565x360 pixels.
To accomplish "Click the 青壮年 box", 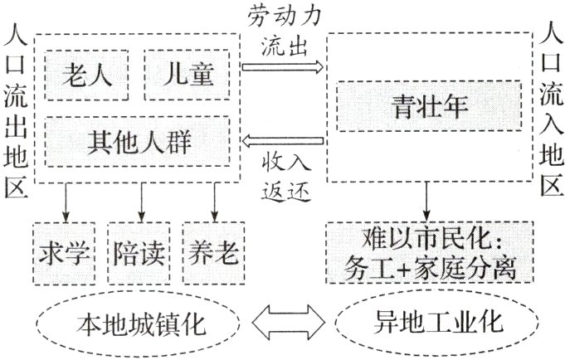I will click(x=430, y=106).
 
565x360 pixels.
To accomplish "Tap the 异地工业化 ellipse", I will click(x=430, y=321).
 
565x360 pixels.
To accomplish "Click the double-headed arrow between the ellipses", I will click(x=284, y=322).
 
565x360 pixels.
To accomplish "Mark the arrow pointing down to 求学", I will click(x=66, y=202).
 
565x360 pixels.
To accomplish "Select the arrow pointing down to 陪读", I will click(x=141, y=202).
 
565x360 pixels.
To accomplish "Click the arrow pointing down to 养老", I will click(x=215, y=202).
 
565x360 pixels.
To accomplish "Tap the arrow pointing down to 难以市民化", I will click(x=427, y=202).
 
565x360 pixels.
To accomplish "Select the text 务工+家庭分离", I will click(x=430, y=268).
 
